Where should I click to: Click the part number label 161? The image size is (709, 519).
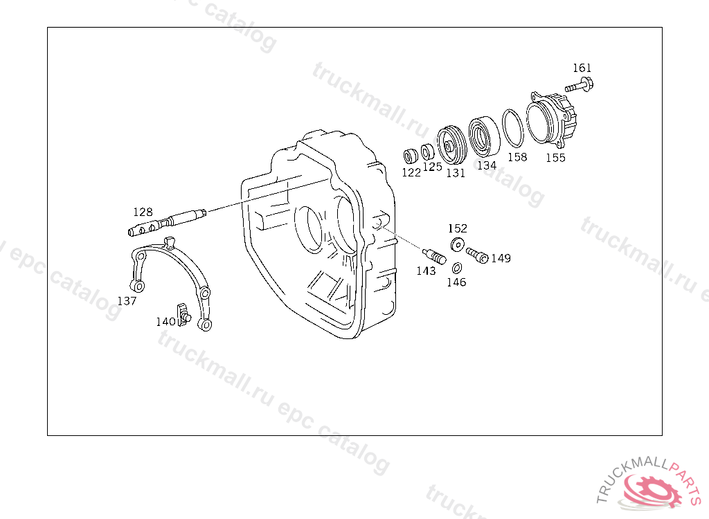pos(582,68)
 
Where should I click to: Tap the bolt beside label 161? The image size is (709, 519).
pos(580,85)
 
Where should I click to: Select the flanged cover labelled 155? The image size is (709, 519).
pos(552,119)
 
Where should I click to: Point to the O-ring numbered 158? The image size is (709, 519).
pos(513,128)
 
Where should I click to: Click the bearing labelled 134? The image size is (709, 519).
pos(483,136)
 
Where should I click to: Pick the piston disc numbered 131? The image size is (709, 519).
pos(452,145)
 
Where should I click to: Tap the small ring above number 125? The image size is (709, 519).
pos(427,152)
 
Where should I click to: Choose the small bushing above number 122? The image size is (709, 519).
pos(411,156)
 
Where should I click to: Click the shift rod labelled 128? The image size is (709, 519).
pos(167,222)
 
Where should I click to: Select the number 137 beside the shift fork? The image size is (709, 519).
pos(127,301)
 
